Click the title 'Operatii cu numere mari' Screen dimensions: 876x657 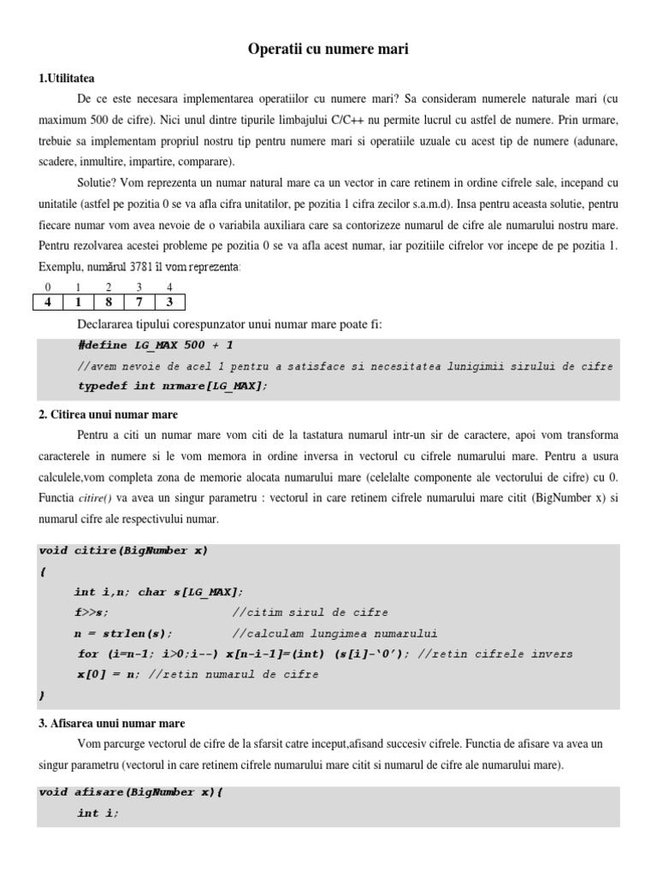[328, 50]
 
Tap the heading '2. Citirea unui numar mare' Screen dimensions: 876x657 [108, 415]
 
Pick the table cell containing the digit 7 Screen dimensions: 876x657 [139, 302]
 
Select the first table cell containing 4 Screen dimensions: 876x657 [48, 302]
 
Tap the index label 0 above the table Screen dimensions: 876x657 [48, 287]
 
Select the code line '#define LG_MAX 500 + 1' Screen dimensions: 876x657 [154, 346]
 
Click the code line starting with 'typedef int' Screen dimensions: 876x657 [172, 386]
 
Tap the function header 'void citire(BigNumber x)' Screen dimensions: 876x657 [123, 550]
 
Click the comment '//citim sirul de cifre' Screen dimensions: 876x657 [310, 613]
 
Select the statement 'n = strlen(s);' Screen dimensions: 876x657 [123, 634]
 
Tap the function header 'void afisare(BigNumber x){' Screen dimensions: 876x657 [131, 792]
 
